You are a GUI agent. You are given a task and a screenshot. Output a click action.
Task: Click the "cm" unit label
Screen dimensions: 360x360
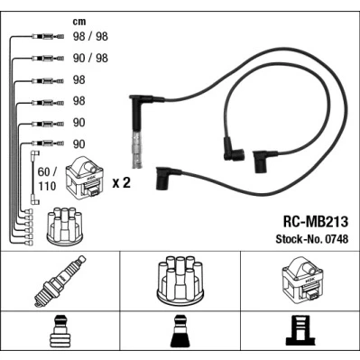[79, 22]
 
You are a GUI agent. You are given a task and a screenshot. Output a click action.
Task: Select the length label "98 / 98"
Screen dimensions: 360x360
[90, 36]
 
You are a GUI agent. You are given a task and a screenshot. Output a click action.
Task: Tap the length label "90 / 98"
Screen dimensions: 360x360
[90, 58]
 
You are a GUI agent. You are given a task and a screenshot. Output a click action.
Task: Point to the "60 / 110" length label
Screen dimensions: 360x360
[47, 180]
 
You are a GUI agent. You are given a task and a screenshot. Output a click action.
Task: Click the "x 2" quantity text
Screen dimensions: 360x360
[122, 182]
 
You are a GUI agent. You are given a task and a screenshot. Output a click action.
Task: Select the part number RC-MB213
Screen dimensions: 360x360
[315, 222]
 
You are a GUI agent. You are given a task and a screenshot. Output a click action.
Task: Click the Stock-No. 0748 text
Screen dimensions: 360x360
[312, 239]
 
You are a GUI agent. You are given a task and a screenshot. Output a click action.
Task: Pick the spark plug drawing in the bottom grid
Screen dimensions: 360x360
[60, 282]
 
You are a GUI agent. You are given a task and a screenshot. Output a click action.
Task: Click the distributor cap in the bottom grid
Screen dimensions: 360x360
[180, 281]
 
